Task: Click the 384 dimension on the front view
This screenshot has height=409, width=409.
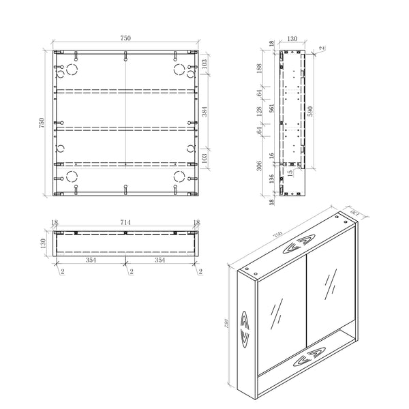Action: tap(206, 110)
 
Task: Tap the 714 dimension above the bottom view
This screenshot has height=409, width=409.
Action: tap(126, 223)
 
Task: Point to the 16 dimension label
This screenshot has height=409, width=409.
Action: tap(272, 156)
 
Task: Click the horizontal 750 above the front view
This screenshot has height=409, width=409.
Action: tap(126, 39)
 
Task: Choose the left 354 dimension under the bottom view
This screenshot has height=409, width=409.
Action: tap(91, 260)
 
